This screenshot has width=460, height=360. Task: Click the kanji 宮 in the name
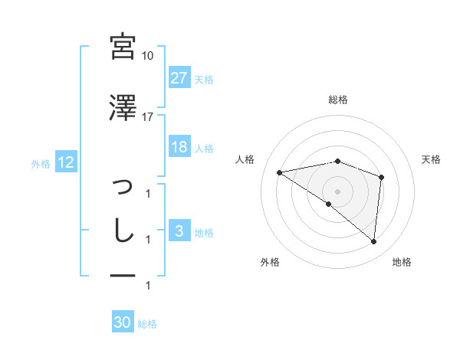(x=123, y=47)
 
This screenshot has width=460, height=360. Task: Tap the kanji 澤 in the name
(x=123, y=107)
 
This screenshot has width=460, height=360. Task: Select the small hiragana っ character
(x=123, y=186)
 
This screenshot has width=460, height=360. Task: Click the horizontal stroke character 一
(x=123, y=275)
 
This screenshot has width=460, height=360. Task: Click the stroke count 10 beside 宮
(x=147, y=56)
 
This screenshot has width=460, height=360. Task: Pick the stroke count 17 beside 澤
(x=147, y=117)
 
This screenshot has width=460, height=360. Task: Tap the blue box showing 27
(x=179, y=77)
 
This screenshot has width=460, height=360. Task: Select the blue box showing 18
(x=179, y=146)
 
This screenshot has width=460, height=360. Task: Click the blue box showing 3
(x=179, y=230)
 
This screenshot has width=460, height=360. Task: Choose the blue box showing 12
(x=66, y=162)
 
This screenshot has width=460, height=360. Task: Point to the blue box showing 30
(x=123, y=321)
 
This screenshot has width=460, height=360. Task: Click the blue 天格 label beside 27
(x=204, y=80)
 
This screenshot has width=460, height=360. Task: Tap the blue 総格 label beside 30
(x=147, y=324)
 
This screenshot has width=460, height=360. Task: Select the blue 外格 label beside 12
(x=41, y=164)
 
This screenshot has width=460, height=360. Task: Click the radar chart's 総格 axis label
(x=338, y=100)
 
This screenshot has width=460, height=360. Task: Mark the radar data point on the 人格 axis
(x=280, y=172)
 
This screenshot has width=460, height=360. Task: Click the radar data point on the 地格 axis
(x=373, y=241)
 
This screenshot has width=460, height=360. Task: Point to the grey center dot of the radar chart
(x=337, y=191)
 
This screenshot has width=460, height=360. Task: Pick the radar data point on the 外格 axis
(x=329, y=204)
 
